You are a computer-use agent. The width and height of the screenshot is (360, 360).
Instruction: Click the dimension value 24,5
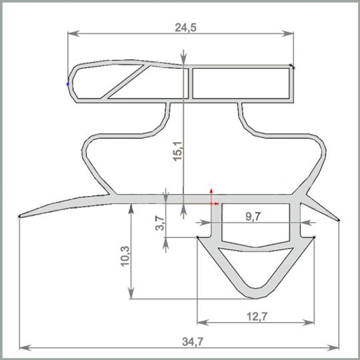pyautogui.click(x=186, y=27)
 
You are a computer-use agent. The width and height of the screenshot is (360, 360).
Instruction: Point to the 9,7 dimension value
pyautogui.click(x=253, y=216)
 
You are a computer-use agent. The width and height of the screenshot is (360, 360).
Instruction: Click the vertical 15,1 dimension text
pyautogui.click(x=178, y=151)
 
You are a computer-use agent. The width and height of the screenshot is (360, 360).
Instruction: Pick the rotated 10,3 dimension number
pyautogui.click(x=125, y=256)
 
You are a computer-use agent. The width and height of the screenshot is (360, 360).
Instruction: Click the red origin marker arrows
pyautogui.click(x=213, y=198)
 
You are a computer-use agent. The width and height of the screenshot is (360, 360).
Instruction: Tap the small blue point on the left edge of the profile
pyautogui.click(x=67, y=84)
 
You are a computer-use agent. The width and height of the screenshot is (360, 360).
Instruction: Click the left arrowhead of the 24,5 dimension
pyautogui.click(x=73, y=33)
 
